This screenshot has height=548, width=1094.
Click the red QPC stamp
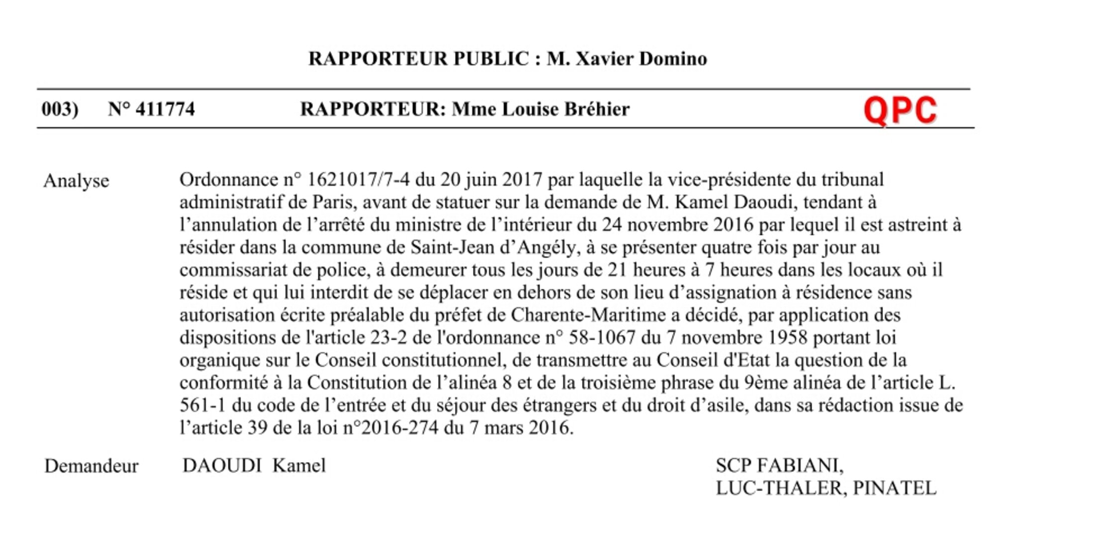coord(900,110)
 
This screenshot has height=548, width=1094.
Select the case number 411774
coord(165,109)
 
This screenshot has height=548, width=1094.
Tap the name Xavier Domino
coord(641,59)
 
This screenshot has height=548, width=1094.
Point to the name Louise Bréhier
coord(565,109)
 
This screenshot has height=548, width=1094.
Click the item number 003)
coord(60,109)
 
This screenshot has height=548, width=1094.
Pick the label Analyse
coord(76,181)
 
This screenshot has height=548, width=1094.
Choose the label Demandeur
coord(91,466)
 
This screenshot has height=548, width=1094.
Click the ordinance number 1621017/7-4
coord(358,180)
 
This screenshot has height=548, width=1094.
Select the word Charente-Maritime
coord(588,315)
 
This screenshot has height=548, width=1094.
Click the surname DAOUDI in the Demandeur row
coord(222,466)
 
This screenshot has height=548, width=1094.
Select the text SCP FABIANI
coord(779,466)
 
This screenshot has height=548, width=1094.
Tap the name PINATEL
coord(895,488)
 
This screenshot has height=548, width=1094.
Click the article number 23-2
coord(388,337)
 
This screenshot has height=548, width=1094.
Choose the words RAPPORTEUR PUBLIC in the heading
coord(418,59)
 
